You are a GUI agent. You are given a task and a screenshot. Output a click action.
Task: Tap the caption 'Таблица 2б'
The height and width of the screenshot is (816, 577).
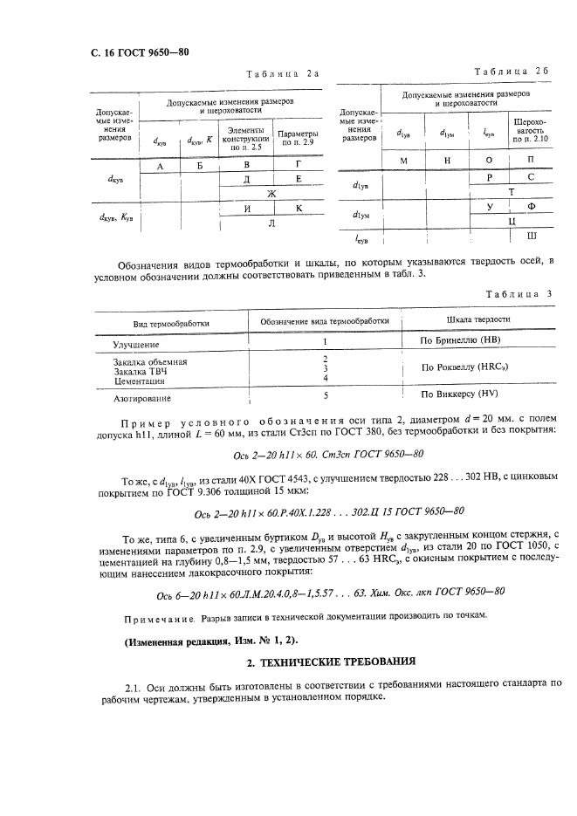[x=511, y=71]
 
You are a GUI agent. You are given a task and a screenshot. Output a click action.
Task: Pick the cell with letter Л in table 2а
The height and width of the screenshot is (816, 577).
[x=271, y=223]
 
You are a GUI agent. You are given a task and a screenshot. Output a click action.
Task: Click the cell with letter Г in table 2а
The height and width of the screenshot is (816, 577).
[x=299, y=164]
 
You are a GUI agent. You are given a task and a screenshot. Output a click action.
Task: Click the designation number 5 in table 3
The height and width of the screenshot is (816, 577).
[x=324, y=394]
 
